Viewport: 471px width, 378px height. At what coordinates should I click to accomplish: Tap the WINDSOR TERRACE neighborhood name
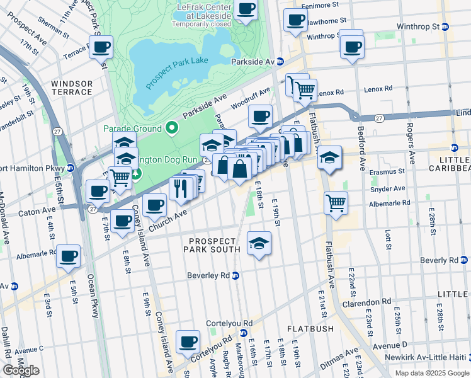[72, 88]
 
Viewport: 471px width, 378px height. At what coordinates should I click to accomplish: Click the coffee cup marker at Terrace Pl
[101, 47]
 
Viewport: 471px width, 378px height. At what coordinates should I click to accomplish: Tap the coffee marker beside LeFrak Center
[246, 10]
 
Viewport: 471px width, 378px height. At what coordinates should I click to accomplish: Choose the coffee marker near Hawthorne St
[295, 20]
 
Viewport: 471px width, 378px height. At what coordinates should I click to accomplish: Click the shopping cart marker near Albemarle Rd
[336, 203]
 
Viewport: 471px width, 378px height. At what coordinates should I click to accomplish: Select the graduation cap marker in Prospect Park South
[259, 243]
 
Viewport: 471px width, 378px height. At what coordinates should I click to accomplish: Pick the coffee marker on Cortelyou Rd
[188, 341]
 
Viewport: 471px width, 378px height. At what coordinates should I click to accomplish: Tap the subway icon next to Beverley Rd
[235, 275]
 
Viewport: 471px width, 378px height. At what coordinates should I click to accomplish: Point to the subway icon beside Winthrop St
[445, 27]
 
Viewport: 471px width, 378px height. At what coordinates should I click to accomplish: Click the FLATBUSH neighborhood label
[305, 329]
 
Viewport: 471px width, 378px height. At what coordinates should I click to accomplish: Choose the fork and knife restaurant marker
[181, 188]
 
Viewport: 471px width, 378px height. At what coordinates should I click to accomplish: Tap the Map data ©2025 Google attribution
[431, 373]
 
